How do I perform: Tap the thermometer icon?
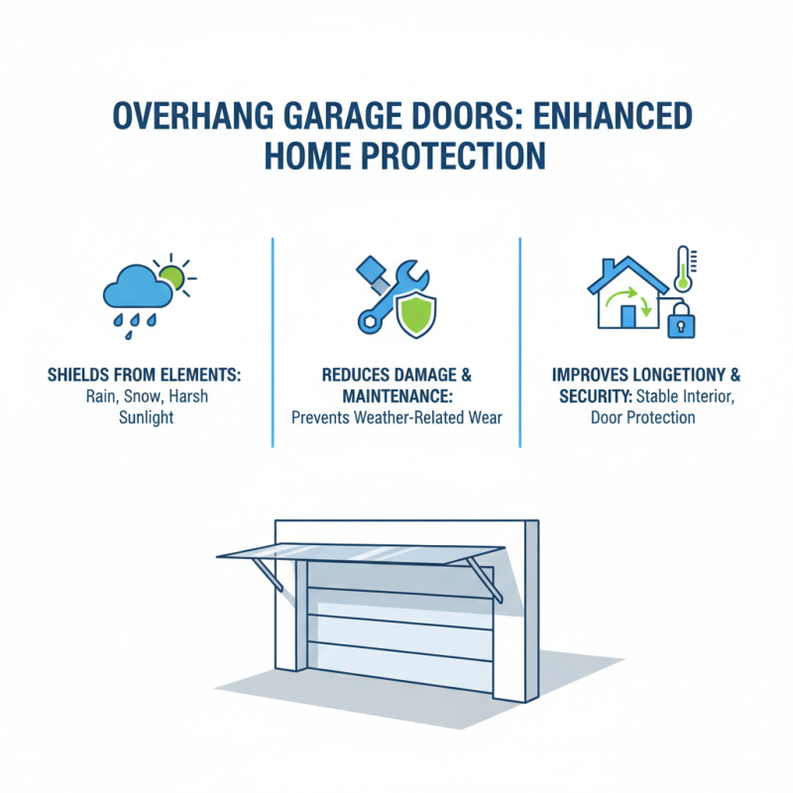tap(682, 270)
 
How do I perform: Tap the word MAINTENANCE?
tap(397, 396)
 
